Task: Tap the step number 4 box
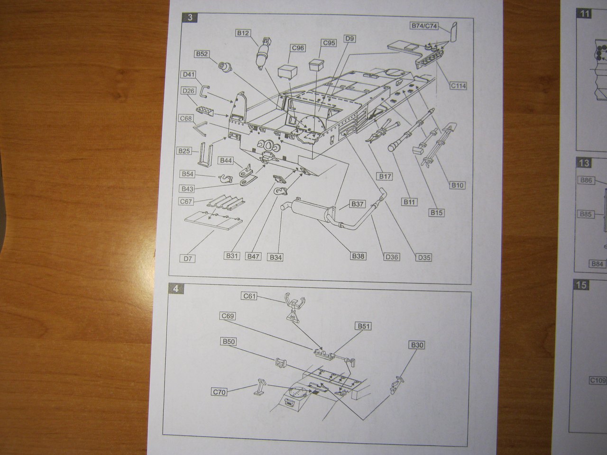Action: click(x=176, y=289)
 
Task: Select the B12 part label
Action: click(x=243, y=33)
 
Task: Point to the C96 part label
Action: click(x=298, y=48)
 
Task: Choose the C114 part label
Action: click(x=458, y=86)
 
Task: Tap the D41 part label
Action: click(x=188, y=74)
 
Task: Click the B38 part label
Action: click(x=359, y=256)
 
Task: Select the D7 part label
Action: click(x=189, y=258)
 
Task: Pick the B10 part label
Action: click(x=457, y=185)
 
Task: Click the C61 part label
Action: click(x=249, y=297)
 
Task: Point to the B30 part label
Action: click(x=417, y=346)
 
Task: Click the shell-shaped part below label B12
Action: click(x=260, y=55)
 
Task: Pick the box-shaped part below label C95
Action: click(x=317, y=65)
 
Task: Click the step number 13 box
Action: click(x=585, y=163)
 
